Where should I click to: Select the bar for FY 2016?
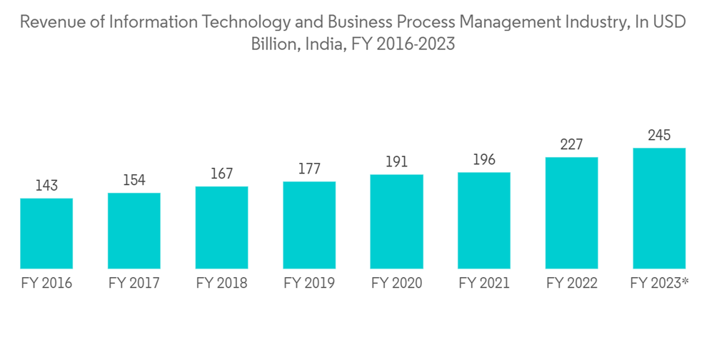tap(46, 233)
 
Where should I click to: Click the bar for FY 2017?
tap(134, 230)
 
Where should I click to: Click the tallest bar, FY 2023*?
tap(659, 208)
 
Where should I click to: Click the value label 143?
tap(46, 186)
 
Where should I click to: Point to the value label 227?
tap(571, 145)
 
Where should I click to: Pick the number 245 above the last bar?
tap(659, 136)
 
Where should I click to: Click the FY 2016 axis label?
tap(46, 284)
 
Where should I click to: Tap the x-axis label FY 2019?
tap(309, 284)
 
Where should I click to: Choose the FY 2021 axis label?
tap(484, 284)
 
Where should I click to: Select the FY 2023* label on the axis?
tap(660, 284)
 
